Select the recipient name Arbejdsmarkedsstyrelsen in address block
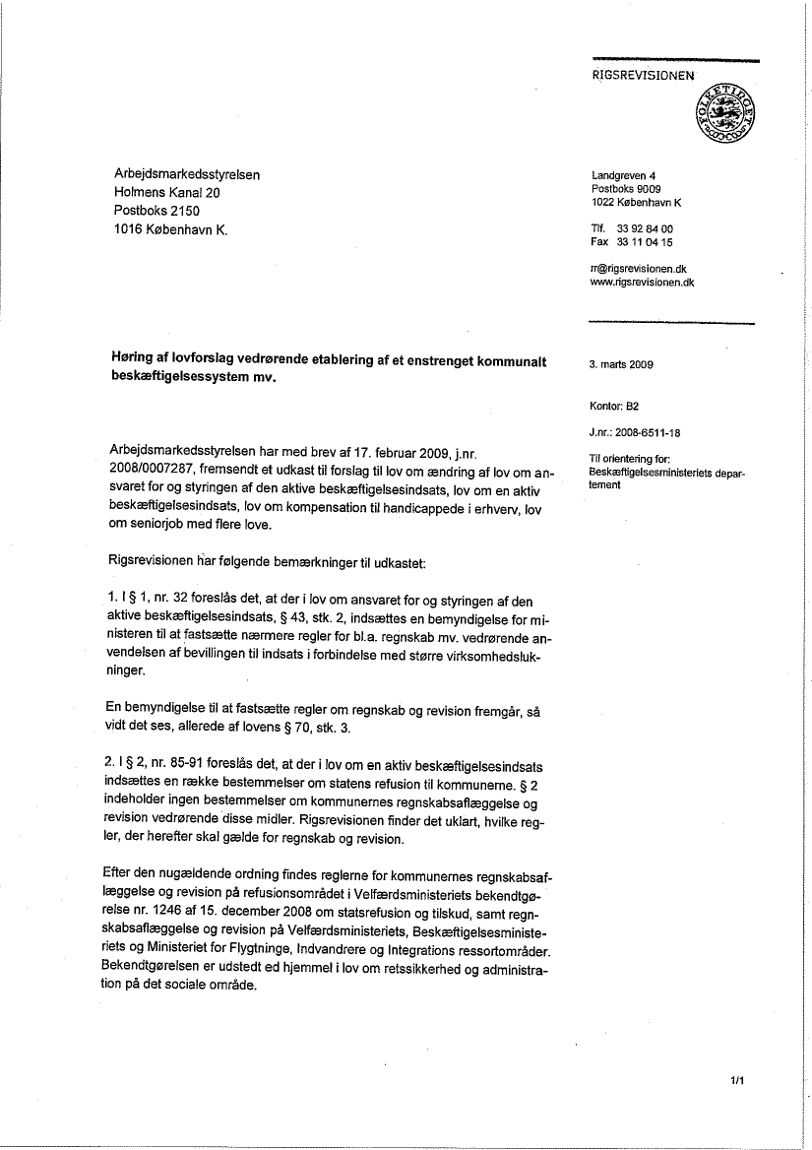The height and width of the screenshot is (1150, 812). tap(186, 175)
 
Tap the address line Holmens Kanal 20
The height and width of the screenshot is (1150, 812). tap(166, 193)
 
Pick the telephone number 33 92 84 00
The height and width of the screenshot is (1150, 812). tap(645, 229)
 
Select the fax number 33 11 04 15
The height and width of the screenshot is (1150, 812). tap(645, 242)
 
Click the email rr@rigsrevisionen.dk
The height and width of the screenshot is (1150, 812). tap(639, 268)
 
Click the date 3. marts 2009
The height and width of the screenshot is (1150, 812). tap(621, 364)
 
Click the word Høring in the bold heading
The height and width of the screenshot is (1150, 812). tap(136, 358)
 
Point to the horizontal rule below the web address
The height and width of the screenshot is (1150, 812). tap(670, 323)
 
